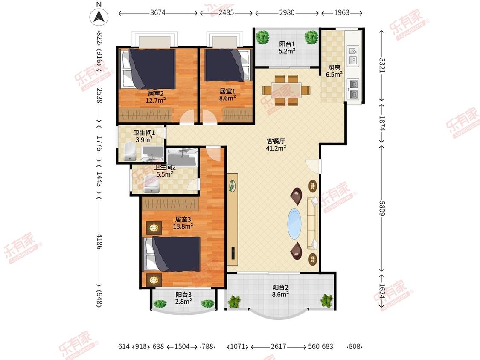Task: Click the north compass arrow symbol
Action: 99,16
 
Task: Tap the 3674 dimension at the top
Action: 158,12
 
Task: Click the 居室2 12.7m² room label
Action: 156,97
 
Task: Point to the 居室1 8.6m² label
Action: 227,94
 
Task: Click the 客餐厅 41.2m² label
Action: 276,145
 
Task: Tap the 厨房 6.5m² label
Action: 334,71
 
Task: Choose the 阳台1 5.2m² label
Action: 287,48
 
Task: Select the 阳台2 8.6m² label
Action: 280,291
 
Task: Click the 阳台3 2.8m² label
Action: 183,298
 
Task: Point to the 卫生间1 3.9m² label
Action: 144,136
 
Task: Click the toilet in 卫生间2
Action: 151,184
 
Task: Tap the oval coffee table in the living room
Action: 295,224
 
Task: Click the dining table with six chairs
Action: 286,90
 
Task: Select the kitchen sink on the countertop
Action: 353,55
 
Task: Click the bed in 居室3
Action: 172,254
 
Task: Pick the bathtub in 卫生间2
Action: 182,158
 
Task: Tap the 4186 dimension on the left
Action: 99,241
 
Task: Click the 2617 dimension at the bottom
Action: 278,346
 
